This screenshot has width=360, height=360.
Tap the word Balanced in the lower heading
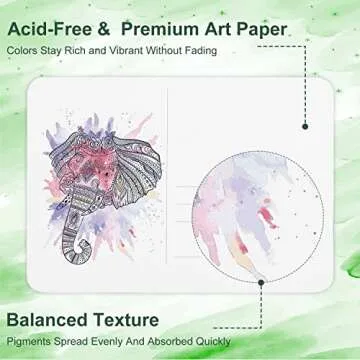pos(55,320)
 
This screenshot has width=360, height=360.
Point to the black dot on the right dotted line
pos(303,128)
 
